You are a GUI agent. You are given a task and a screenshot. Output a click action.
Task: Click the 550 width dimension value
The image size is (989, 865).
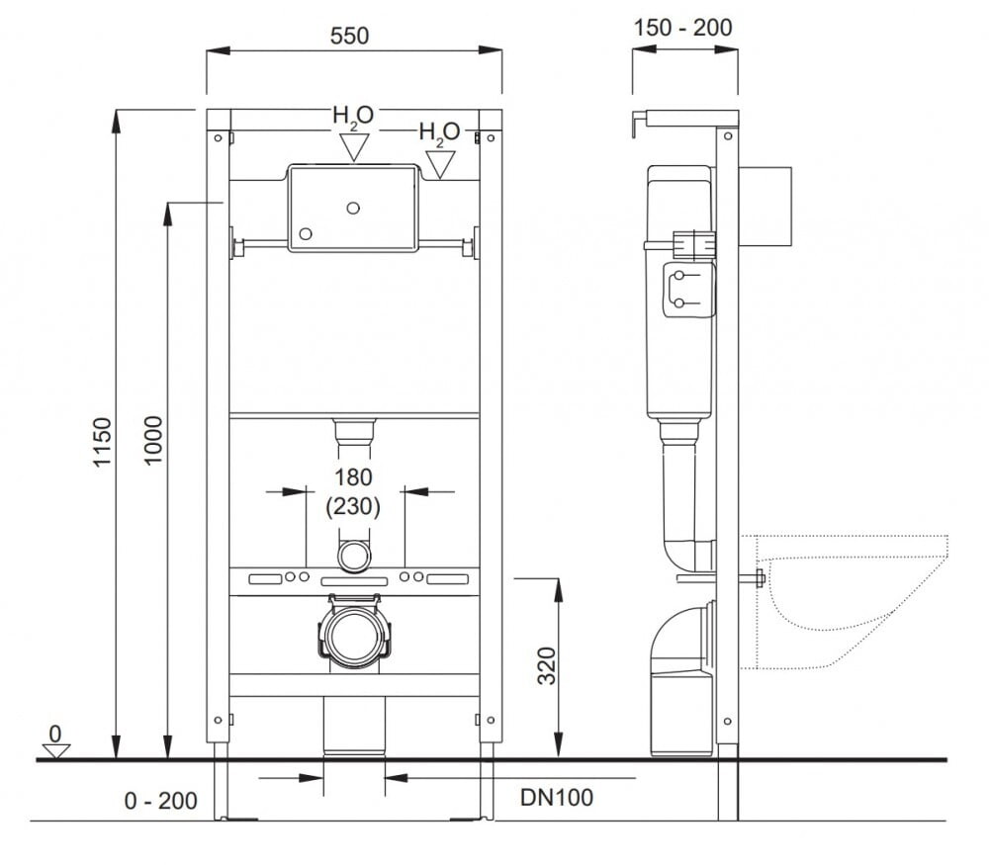[x=349, y=37]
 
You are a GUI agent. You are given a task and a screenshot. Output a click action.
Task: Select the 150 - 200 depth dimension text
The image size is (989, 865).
[x=682, y=28]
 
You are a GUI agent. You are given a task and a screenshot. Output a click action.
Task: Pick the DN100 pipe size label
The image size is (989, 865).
[x=557, y=797]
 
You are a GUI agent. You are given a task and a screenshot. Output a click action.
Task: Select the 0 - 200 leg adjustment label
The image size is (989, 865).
[x=161, y=801]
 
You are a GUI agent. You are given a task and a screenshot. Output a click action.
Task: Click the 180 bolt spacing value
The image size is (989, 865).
[x=353, y=477]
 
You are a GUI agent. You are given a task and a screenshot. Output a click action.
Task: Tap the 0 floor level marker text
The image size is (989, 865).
[x=55, y=734]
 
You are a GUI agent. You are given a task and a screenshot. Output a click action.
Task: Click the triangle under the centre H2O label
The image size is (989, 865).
[x=353, y=146]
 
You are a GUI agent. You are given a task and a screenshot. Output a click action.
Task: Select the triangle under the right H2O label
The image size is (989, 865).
[x=439, y=163]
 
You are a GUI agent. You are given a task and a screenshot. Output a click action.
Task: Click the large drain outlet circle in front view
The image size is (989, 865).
[x=354, y=637]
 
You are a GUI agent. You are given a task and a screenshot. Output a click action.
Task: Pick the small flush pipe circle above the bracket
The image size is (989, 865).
[x=354, y=556]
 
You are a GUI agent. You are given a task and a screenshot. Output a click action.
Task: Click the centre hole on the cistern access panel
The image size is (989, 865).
[x=352, y=209]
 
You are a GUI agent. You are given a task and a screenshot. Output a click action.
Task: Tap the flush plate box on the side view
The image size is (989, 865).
[x=765, y=206]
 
